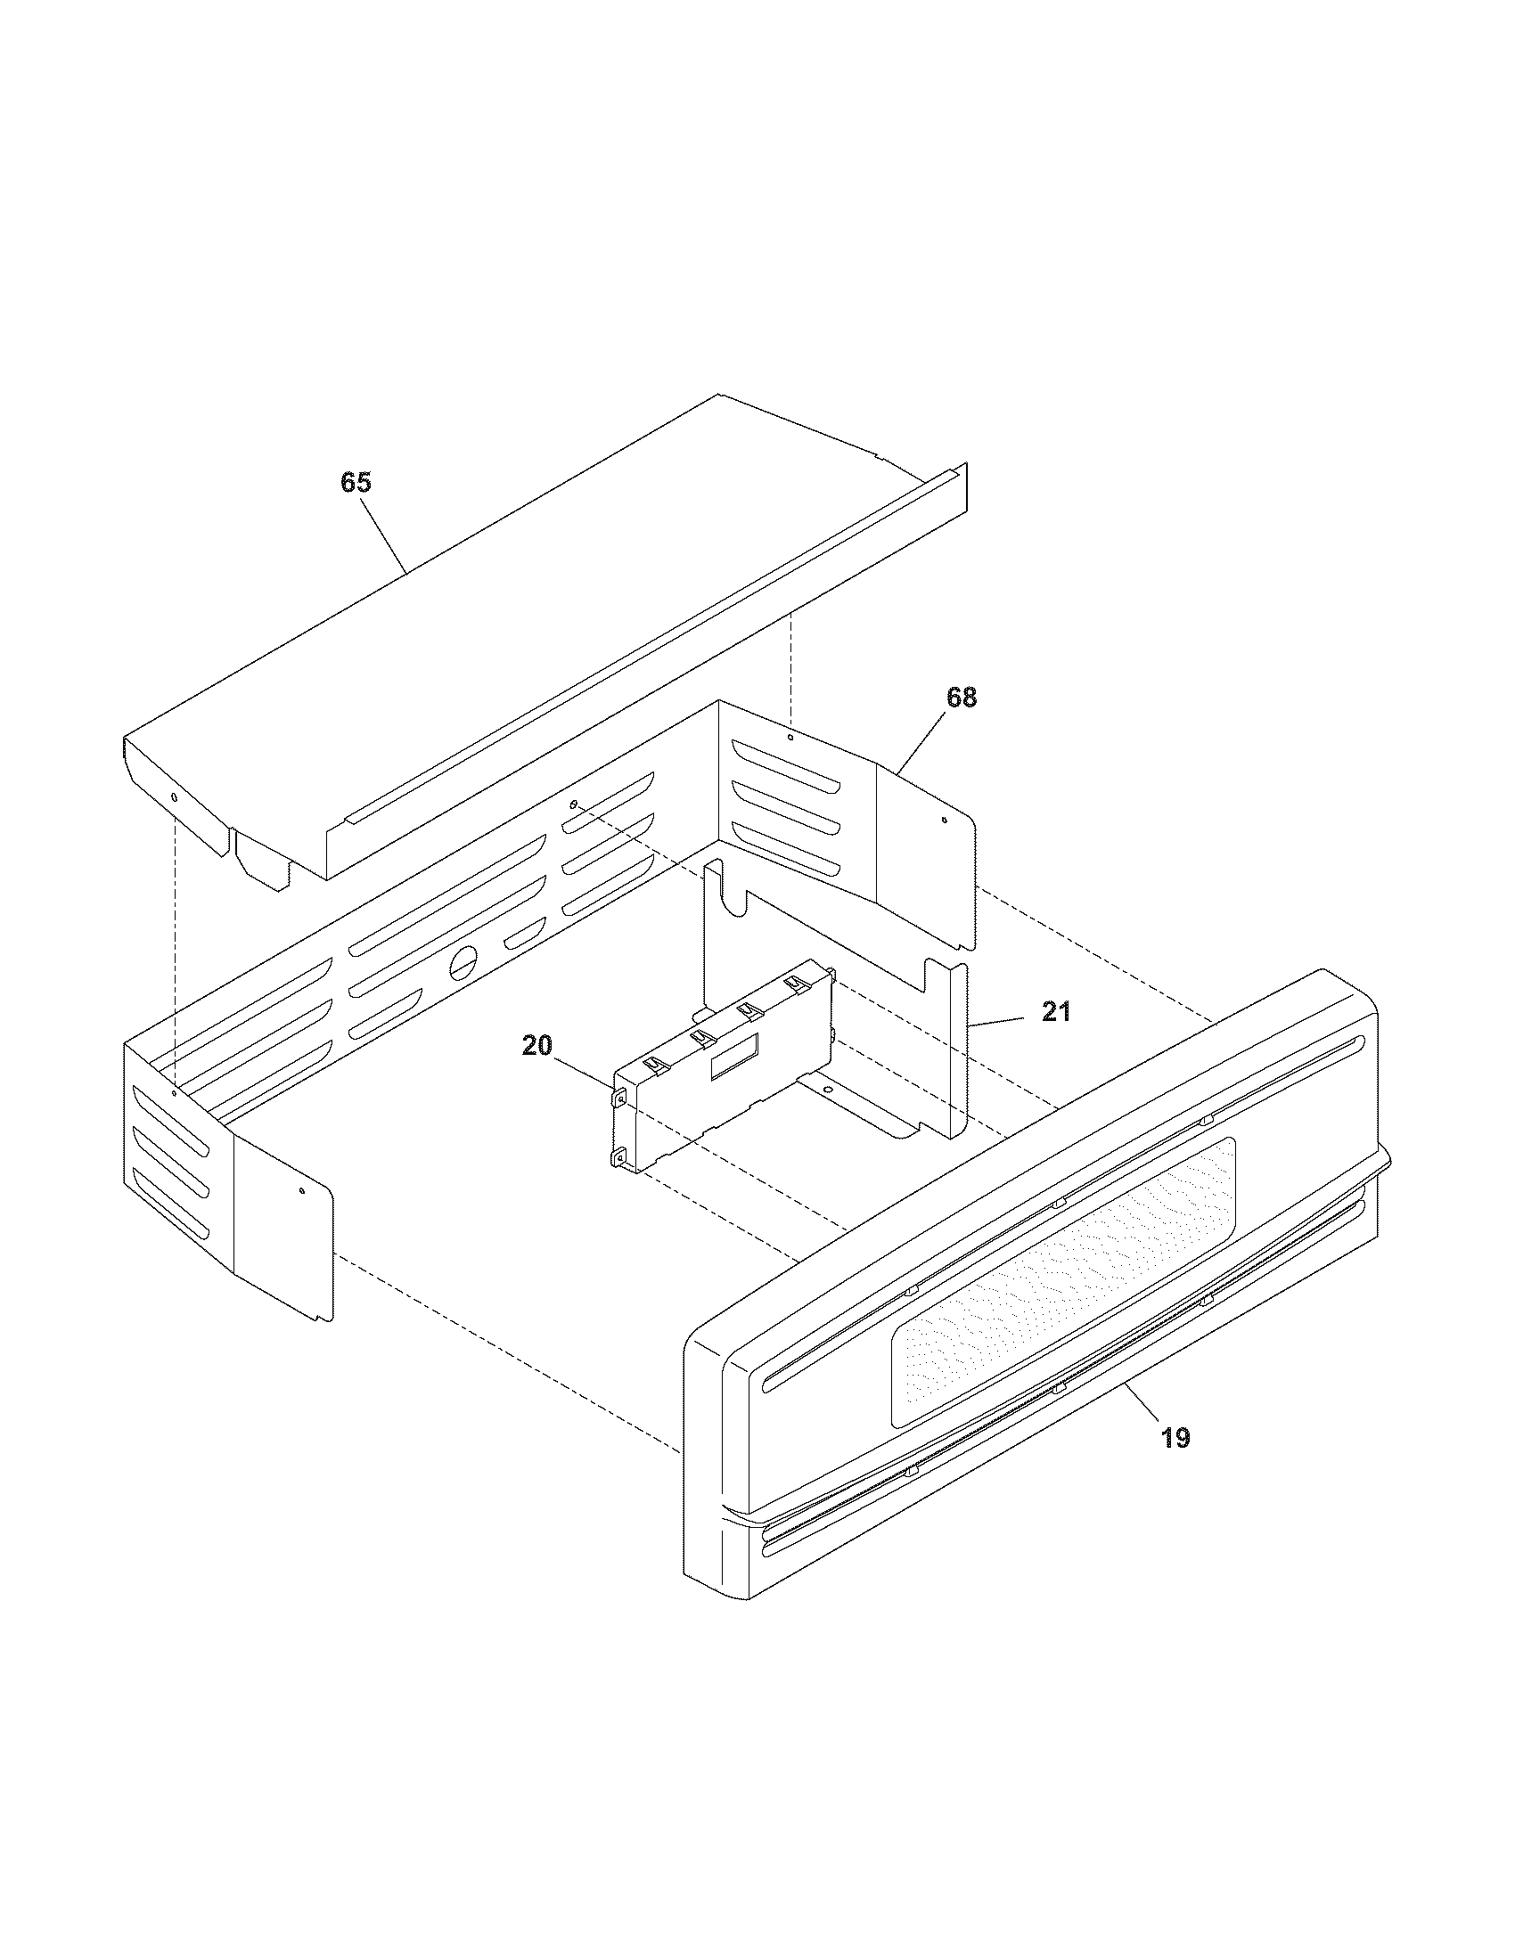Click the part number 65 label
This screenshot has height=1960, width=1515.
(x=356, y=483)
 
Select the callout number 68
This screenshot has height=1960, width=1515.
(x=962, y=697)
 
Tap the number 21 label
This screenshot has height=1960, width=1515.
(x=1056, y=1012)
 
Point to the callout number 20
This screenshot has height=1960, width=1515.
(x=536, y=1047)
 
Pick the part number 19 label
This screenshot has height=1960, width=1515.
(x=1175, y=1438)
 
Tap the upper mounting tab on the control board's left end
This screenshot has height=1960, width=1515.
(x=619, y=1097)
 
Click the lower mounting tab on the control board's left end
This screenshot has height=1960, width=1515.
(x=618, y=1160)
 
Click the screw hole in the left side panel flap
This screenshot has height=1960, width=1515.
(x=302, y=1191)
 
